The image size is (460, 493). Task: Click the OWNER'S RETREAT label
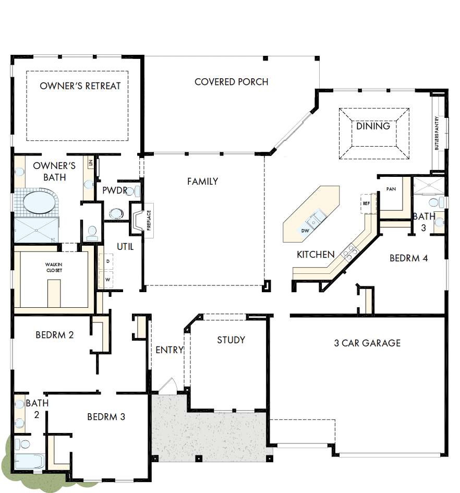point(80,86)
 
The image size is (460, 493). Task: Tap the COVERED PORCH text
point(232,82)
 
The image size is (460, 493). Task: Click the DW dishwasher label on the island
point(306,230)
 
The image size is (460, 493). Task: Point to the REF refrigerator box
point(366,203)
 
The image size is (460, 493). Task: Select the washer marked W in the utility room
point(108,280)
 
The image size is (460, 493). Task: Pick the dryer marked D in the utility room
point(108,260)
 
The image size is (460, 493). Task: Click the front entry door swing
point(168,386)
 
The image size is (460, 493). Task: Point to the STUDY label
point(231,340)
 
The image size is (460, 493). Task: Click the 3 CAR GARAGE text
point(367,343)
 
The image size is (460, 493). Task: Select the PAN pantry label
point(391,189)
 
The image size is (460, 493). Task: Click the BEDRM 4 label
point(409,258)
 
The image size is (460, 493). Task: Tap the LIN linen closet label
point(91,164)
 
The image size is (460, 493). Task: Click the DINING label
point(373,126)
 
